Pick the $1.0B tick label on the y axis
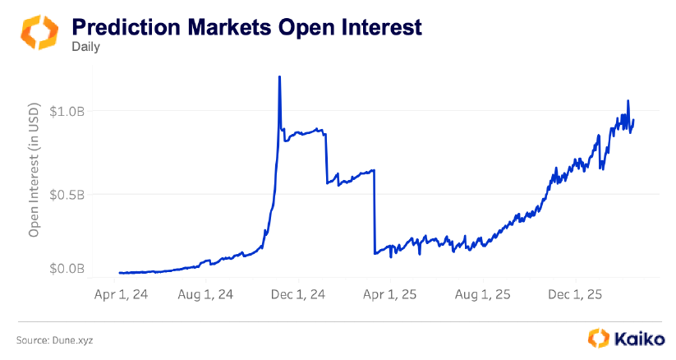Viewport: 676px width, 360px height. [x=66, y=111]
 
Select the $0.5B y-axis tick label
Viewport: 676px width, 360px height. [x=66, y=195]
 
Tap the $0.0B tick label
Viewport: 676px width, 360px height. [x=66, y=268]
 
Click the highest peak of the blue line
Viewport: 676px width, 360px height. [x=280, y=77]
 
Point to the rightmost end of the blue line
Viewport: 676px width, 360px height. [x=633, y=121]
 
